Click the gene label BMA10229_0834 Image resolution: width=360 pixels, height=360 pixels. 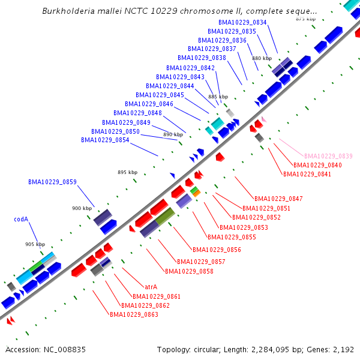242,22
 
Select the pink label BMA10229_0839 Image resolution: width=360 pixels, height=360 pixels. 328,156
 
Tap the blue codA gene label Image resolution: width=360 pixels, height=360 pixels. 21,220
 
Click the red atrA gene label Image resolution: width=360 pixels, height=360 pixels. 151,287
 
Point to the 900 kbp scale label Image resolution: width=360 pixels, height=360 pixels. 82,208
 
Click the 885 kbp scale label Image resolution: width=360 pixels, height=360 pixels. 218,97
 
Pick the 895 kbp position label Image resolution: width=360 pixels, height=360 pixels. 127,172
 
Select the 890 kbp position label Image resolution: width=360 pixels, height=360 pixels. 173,134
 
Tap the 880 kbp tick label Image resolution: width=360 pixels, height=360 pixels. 262,58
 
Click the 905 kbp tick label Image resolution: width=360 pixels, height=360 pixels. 35,244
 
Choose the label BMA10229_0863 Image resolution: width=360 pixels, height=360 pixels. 134,314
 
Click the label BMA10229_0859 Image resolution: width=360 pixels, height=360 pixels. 52,182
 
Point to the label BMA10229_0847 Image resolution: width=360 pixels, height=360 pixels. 278,199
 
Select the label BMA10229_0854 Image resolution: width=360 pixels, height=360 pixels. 105,140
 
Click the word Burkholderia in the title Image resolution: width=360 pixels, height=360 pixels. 68,11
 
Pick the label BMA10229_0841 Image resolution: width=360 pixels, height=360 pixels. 307,175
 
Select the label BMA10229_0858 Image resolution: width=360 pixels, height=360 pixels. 189,271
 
